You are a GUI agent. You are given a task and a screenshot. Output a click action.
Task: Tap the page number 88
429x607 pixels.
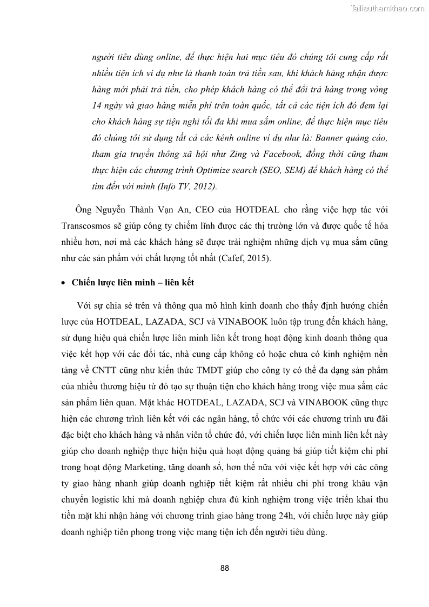coord(225,568)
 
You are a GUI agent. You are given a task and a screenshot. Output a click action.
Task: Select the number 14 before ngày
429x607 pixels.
coord(97,105)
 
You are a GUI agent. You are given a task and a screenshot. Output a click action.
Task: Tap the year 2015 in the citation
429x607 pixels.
coord(257,259)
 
